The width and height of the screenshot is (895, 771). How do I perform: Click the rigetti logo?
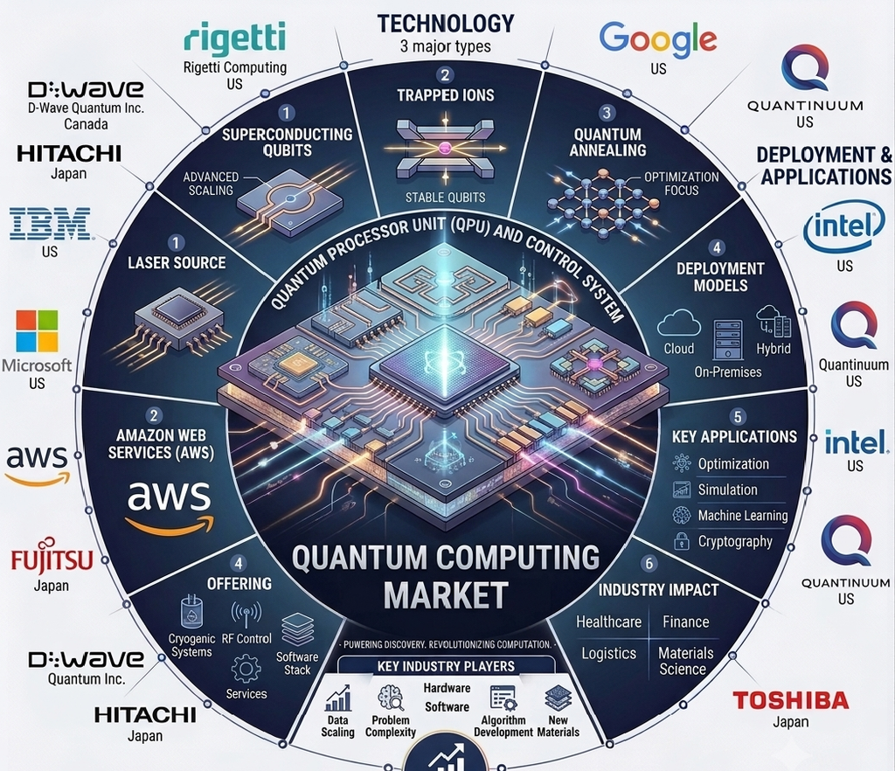[x=234, y=38]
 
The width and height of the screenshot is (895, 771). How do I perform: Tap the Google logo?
[x=657, y=39]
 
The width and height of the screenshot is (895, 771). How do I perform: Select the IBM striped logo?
[x=50, y=223]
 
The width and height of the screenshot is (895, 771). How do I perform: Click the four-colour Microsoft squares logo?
[x=37, y=330]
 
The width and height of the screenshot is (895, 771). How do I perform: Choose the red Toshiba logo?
[x=790, y=700]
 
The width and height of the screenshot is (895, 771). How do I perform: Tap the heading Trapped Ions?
[x=446, y=94]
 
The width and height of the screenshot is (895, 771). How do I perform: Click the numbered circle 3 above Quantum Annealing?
[x=607, y=113]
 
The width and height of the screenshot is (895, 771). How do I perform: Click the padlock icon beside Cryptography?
[x=682, y=540]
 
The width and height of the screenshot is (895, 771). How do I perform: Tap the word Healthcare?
[x=608, y=622]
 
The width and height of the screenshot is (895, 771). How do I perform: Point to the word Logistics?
[x=608, y=654]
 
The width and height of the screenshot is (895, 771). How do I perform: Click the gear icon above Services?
[x=246, y=668]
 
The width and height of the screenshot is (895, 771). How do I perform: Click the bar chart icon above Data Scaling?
[x=338, y=698]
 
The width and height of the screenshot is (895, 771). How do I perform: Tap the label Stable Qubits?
[x=445, y=198]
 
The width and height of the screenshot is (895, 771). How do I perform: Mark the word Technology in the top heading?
[x=446, y=24]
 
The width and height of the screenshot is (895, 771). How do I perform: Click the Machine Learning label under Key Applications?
[x=743, y=516]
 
